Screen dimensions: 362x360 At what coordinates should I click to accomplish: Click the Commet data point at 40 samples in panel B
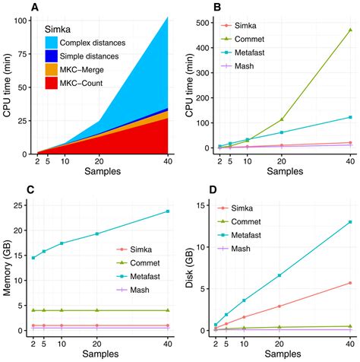[x=350, y=30]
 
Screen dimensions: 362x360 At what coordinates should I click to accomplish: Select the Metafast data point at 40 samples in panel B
[x=350, y=117]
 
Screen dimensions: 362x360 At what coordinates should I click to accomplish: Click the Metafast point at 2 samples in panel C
[x=33, y=258]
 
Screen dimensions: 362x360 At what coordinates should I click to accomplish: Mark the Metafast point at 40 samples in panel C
[x=167, y=211]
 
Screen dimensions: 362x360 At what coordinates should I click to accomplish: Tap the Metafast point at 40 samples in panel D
[x=350, y=222]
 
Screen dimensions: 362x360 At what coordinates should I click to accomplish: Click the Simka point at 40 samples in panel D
[x=350, y=283]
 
